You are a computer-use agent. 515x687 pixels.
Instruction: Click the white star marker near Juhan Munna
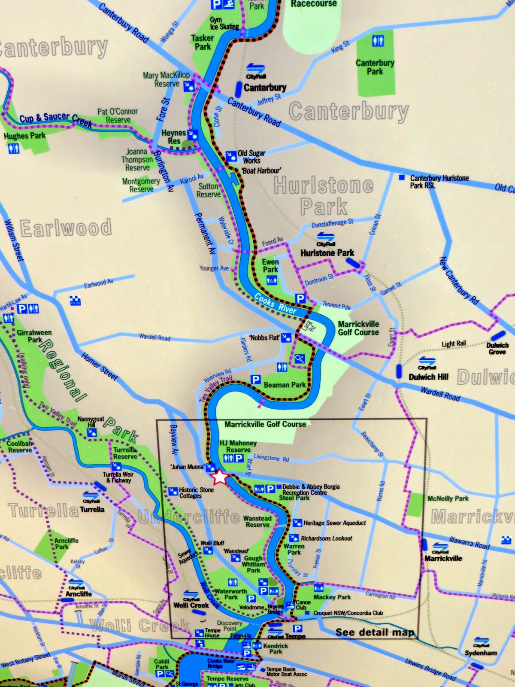point(219,477)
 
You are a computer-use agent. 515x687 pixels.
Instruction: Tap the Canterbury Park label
point(375,67)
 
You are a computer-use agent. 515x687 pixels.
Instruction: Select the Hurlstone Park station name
point(327,253)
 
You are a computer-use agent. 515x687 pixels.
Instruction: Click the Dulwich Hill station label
point(428,377)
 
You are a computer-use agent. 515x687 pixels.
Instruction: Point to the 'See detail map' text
point(374,632)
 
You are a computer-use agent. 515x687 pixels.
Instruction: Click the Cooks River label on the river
point(275,303)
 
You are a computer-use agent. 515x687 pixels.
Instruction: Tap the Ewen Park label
point(270,265)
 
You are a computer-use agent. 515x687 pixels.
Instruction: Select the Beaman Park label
point(285,385)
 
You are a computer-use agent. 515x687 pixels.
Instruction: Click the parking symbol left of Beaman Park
point(255,379)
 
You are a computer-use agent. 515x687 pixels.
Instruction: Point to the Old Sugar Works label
point(251,157)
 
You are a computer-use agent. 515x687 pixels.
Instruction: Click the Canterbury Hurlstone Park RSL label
point(439,182)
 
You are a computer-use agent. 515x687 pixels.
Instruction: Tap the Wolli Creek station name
point(191,605)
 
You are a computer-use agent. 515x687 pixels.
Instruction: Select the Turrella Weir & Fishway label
point(118,477)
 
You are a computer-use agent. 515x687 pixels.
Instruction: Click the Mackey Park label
point(332,597)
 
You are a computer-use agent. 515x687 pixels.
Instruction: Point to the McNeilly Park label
point(448,499)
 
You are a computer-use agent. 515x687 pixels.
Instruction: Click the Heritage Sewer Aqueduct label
point(334,523)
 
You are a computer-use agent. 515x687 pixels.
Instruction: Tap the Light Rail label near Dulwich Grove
point(454,344)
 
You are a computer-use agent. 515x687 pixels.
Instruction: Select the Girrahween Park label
point(34,336)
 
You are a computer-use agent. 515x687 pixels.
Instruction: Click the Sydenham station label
point(481,653)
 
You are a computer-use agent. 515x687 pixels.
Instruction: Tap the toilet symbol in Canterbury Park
point(378,41)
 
